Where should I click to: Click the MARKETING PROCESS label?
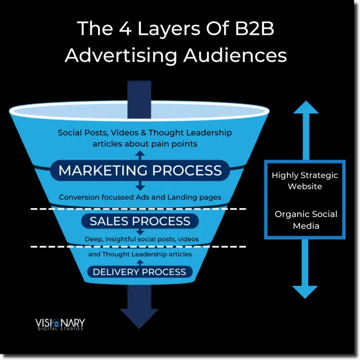click(140, 170)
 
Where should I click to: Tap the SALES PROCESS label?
click(140, 221)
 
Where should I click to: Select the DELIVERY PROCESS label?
click(139, 272)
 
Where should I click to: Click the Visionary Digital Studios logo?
click(60, 324)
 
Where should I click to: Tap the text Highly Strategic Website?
click(305, 180)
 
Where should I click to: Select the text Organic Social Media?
click(306, 219)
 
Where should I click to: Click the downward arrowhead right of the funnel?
click(305, 291)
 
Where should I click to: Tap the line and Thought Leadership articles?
click(140, 254)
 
